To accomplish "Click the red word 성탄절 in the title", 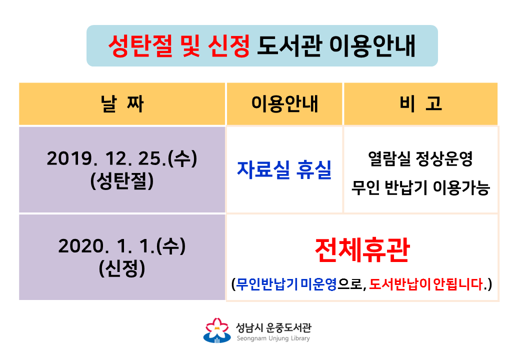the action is click(x=140, y=45).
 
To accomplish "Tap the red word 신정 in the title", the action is click(x=228, y=45).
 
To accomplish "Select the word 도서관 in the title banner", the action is click(x=289, y=45).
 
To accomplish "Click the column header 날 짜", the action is click(x=122, y=104).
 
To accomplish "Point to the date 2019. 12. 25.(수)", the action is click(x=122, y=158).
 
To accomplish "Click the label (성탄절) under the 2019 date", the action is click(x=122, y=181).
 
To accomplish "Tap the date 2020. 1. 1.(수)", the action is click(x=122, y=246).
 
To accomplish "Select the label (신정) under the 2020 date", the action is click(x=122, y=268).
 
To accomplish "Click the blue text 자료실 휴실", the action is click(x=284, y=169).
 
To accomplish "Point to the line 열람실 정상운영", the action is click(x=420, y=158).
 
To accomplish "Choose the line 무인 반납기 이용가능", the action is click(x=420, y=187).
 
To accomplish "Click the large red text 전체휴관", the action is click(x=362, y=250).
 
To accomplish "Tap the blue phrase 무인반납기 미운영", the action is click(x=286, y=284).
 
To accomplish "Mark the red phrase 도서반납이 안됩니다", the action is click(x=426, y=284).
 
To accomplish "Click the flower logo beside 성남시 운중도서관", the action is click(x=217, y=330).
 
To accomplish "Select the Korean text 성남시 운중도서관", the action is click(x=273, y=327).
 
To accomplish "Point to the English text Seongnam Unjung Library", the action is click(x=273, y=338).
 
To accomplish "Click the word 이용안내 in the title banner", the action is click(x=372, y=45).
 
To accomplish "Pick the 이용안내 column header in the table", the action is click(x=284, y=103).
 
